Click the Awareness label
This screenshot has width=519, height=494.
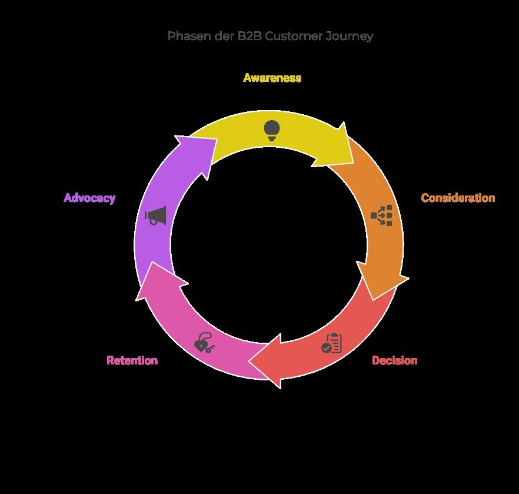(x=272, y=78)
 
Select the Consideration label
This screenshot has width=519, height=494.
(x=458, y=198)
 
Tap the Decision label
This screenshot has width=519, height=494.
(x=394, y=360)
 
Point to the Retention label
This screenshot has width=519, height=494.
(x=132, y=360)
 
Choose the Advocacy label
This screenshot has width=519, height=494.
(x=89, y=198)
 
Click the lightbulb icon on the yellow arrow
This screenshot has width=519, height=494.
(x=271, y=130)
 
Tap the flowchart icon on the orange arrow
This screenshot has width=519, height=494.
(x=381, y=216)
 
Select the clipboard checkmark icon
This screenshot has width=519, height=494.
(x=331, y=343)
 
